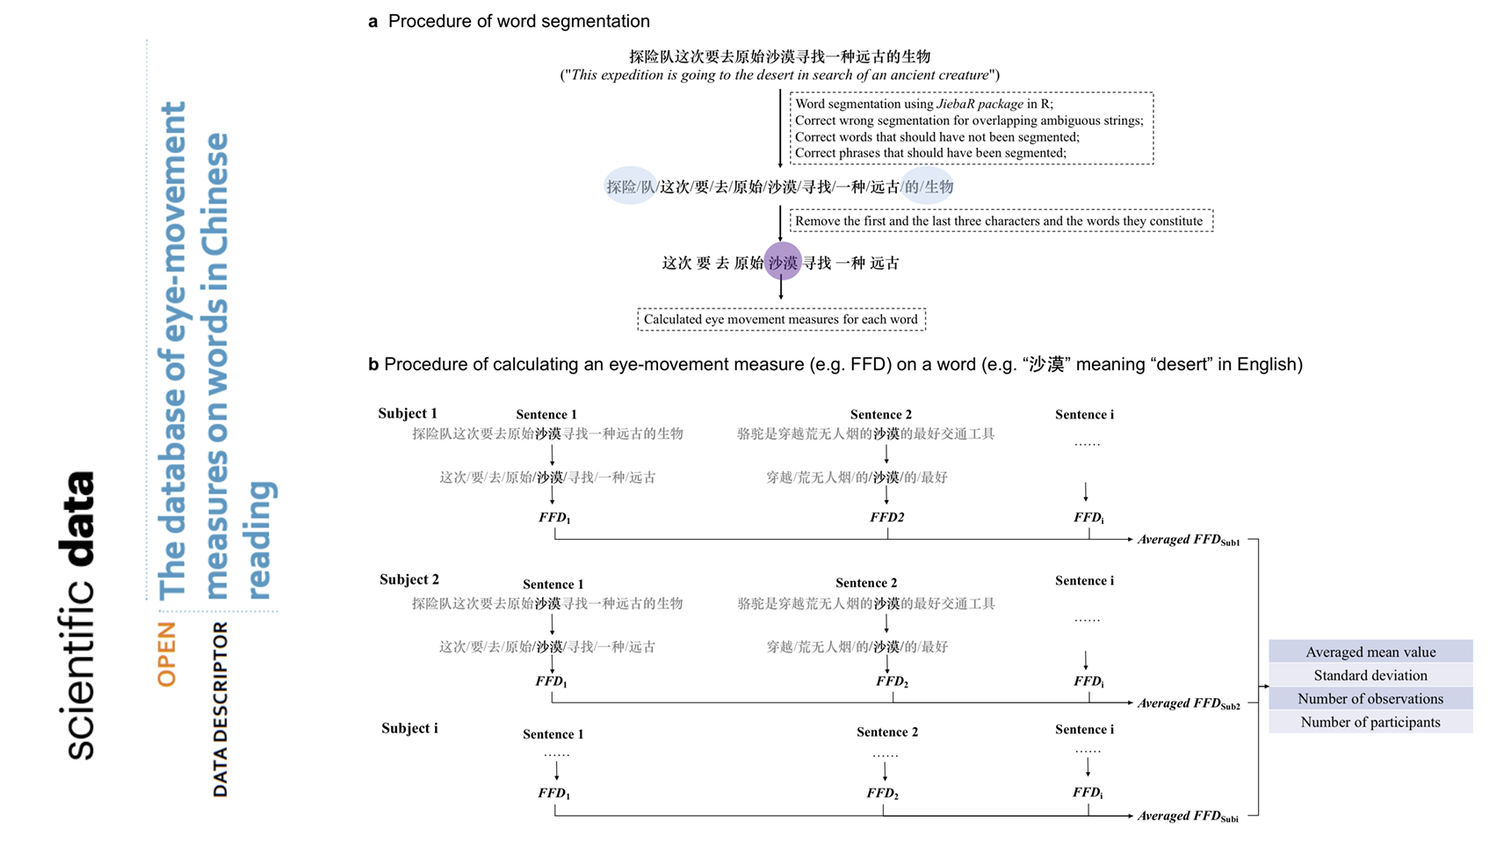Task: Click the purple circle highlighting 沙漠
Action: pos(782,262)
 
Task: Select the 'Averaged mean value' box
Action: pos(1370,651)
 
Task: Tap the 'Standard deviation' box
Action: pos(1370,675)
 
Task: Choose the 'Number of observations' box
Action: pos(1370,699)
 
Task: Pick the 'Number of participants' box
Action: pos(1370,722)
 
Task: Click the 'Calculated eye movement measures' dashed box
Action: pos(781,319)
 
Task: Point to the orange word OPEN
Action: pos(167,654)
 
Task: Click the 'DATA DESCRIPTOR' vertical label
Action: pos(221,709)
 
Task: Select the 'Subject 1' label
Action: pos(408,413)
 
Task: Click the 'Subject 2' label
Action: pos(409,579)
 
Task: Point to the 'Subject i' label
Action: pos(409,728)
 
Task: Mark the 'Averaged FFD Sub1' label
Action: pos(1188,540)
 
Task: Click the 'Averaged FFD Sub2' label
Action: pos(1188,703)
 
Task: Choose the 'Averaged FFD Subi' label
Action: pos(1188,816)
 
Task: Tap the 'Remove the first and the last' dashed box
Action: pos(1001,221)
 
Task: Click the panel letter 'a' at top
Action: pos(373,21)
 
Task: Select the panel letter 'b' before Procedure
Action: pos(373,364)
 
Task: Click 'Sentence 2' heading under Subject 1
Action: pos(880,414)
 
